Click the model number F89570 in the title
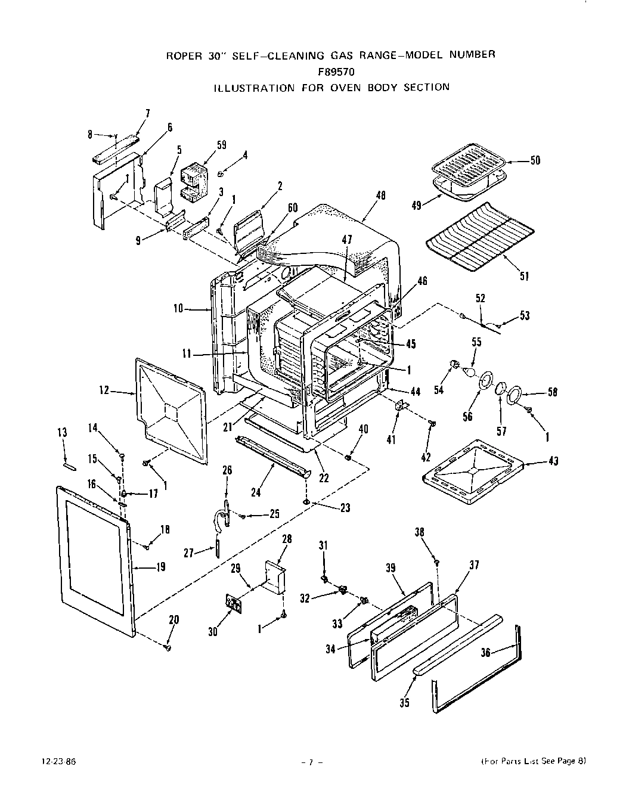(x=329, y=71)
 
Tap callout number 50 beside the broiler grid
(x=535, y=160)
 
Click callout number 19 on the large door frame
(x=160, y=567)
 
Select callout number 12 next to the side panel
(x=104, y=391)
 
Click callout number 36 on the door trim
(x=485, y=653)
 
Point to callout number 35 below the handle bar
(x=405, y=702)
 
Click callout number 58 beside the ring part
(x=553, y=392)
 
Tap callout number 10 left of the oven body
(x=178, y=309)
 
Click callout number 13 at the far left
(x=62, y=433)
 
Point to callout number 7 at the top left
(x=147, y=113)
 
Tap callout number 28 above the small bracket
(x=286, y=539)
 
